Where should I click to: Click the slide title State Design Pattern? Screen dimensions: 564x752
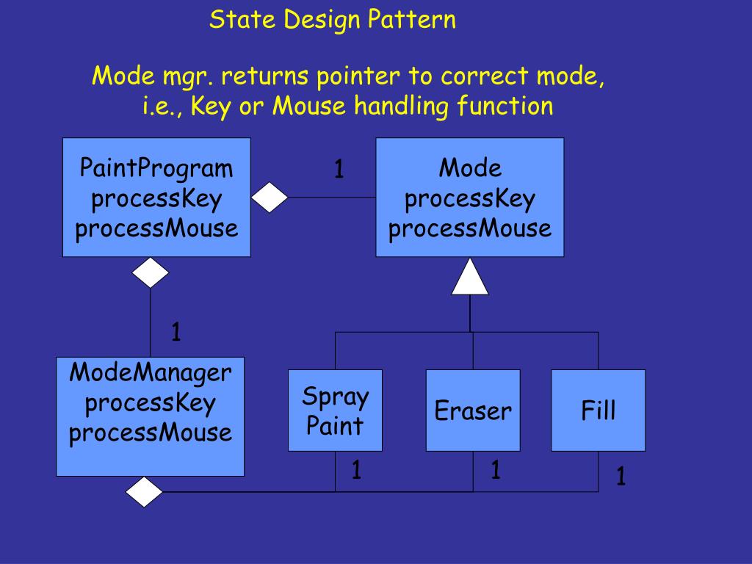333,20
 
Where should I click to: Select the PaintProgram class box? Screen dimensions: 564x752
156,198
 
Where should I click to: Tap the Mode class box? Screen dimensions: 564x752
470,198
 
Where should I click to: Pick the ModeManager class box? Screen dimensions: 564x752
151,416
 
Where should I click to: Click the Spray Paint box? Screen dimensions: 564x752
335,411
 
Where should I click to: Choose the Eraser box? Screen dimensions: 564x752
473,411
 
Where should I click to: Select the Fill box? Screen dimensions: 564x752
599,411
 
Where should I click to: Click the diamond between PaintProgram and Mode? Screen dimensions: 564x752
270,198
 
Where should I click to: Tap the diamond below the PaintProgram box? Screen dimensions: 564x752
151,272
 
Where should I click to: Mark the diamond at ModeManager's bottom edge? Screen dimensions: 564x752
145,492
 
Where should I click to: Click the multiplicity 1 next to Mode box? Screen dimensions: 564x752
339,170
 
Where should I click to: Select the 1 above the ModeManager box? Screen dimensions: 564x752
176,333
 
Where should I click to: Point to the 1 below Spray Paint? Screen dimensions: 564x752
356,470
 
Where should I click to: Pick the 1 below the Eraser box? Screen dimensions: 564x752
496,470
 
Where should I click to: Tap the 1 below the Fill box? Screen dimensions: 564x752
621,478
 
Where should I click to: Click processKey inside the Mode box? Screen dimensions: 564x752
470,199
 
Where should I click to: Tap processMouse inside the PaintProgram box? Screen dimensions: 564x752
156,228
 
